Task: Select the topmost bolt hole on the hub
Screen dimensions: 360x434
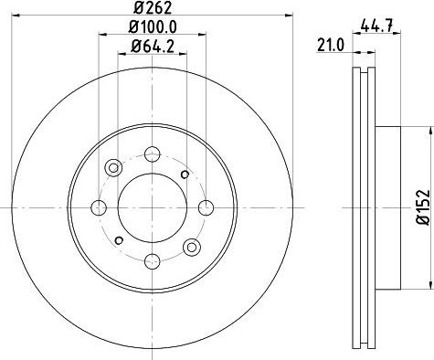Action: pos(151,153)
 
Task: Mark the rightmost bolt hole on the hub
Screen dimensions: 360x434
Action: pos(204,206)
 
